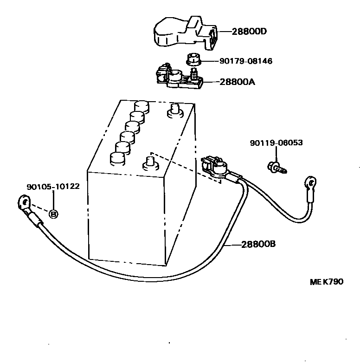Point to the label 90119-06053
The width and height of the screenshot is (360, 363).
point(276,143)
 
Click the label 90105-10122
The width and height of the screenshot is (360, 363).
point(53,187)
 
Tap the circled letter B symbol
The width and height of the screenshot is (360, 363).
point(53,214)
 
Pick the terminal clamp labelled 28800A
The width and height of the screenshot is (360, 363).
point(177,78)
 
